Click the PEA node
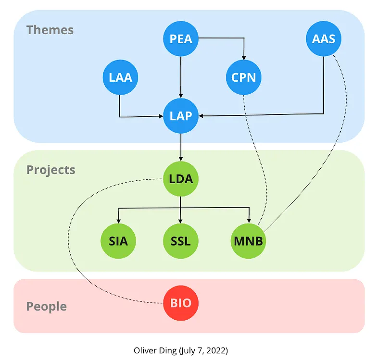181,39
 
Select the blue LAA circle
120,77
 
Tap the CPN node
244,77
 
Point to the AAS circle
324,39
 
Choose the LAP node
181,116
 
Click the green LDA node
181,179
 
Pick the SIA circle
118,240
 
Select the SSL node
181,240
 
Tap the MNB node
249,240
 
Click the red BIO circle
181,303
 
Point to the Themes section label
50,30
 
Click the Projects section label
51,170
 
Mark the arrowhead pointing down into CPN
244,57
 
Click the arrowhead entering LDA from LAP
181,159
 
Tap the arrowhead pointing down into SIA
118,220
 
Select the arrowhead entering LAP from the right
202,116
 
